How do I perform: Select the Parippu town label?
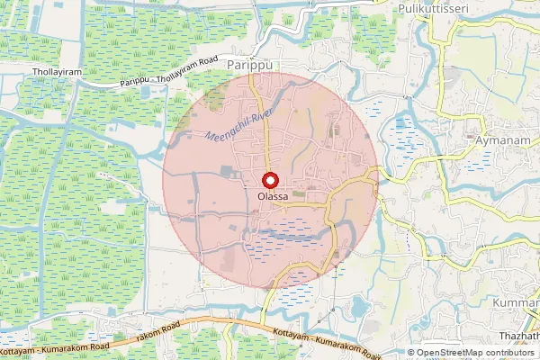249,67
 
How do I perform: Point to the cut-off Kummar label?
517,303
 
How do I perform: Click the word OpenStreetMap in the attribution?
446,353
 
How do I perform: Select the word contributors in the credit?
509,353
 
